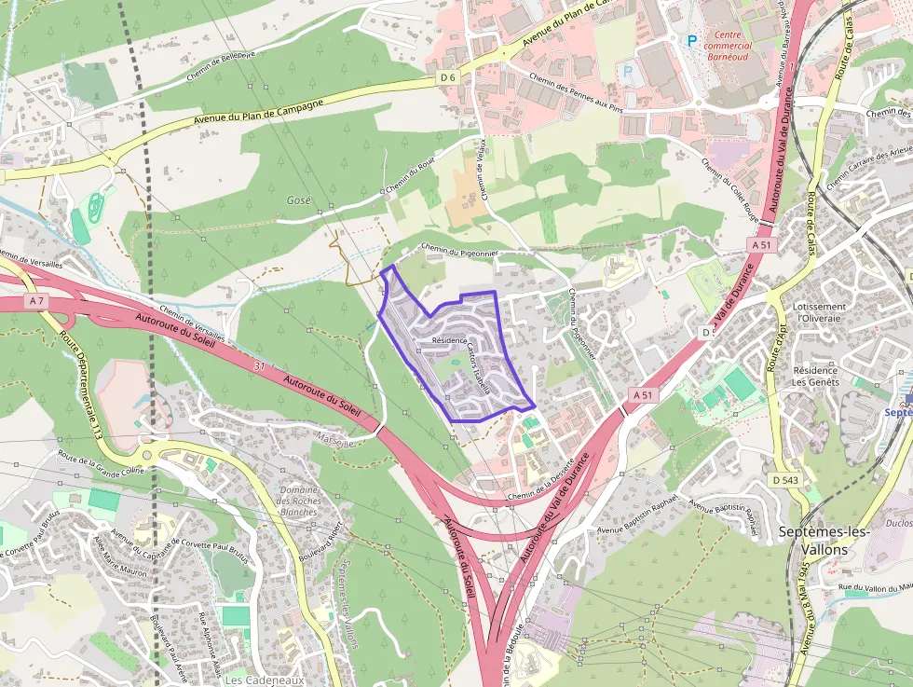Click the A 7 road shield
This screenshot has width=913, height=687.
click(36, 301)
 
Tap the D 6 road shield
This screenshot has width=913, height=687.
click(449, 76)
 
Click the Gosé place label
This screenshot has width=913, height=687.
click(299, 200)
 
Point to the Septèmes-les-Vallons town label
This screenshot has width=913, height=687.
click(824, 541)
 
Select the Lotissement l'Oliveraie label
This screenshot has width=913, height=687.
click(820, 312)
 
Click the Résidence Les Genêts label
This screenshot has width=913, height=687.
click(815, 376)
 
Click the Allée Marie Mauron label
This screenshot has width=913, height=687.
click(120, 557)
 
